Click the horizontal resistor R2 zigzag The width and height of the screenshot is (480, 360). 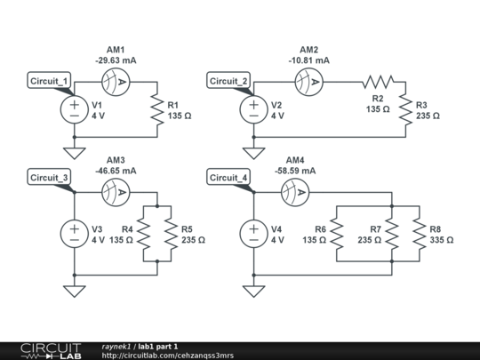[379, 82]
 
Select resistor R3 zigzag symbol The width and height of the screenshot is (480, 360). [405, 109]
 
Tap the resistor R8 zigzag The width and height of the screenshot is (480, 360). [420, 234]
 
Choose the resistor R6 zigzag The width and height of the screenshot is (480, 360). [337, 234]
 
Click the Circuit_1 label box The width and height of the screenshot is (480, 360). [49, 81]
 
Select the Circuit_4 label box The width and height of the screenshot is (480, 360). [228, 177]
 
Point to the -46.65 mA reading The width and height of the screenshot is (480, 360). [116, 171]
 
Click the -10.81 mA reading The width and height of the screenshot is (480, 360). [308, 60]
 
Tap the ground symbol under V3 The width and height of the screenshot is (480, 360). [75, 292]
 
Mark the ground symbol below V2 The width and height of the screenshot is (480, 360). [253, 154]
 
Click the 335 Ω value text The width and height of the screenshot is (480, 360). [442, 240]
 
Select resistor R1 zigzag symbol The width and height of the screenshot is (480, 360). [157, 109]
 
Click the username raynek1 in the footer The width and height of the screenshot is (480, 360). [116, 347]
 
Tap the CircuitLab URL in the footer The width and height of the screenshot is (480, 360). [168, 356]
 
